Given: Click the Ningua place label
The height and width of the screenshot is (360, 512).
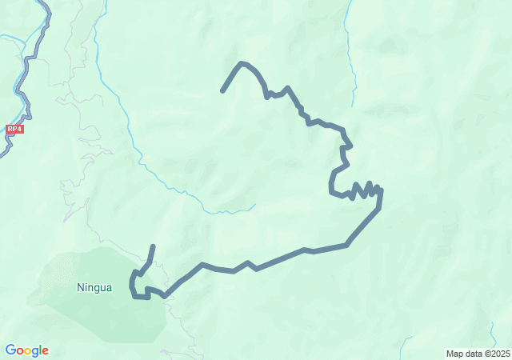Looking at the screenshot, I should click(x=94, y=286).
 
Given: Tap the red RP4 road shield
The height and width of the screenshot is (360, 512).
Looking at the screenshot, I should click(x=14, y=128).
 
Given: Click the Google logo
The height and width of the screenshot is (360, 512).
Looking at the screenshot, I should click(x=26, y=350).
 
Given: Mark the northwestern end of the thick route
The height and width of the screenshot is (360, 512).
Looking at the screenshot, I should click(x=222, y=91).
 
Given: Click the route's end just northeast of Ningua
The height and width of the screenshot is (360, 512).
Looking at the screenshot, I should click(x=153, y=246).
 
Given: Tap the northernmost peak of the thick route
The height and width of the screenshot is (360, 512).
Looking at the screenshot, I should click(x=242, y=62).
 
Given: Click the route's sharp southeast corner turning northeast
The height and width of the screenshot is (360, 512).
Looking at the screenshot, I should click(x=346, y=245).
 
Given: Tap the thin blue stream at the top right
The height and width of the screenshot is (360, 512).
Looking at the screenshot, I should click(x=350, y=56).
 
